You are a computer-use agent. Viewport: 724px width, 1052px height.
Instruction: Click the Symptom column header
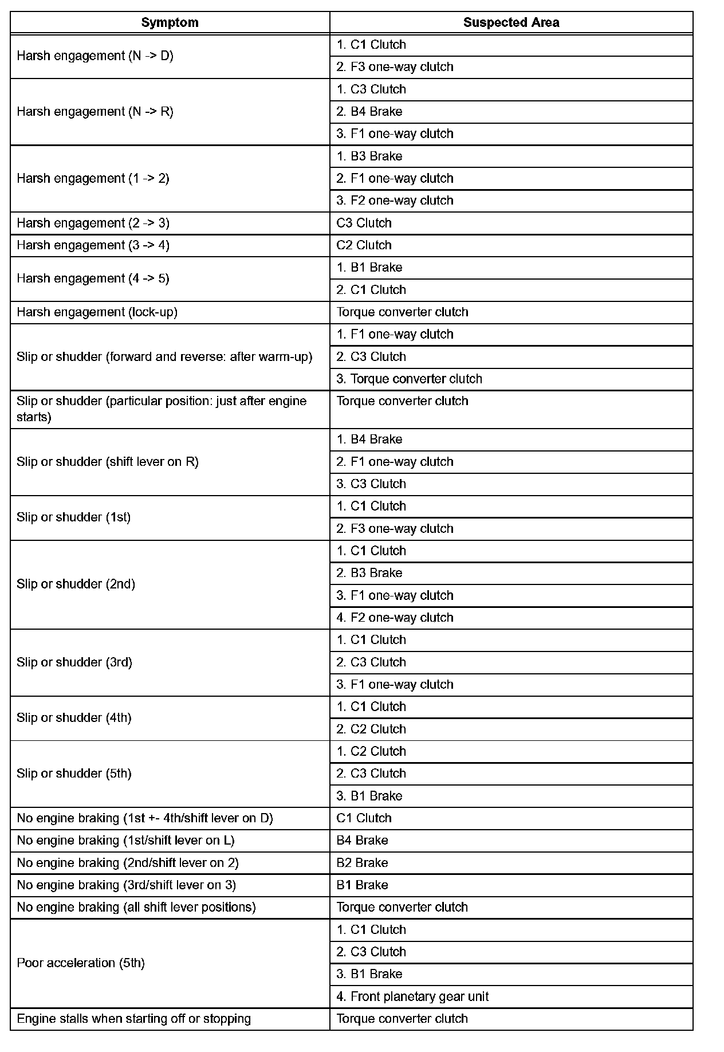click(x=170, y=22)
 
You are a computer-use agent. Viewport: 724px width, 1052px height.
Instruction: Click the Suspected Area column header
click(x=511, y=22)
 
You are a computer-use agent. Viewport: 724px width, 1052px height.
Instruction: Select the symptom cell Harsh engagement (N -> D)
click(x=95, y=56)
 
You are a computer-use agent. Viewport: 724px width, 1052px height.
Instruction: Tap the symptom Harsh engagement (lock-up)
click(x=97, y=312)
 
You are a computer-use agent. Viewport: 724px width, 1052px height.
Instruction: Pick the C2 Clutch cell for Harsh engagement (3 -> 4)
click(x=364, y=245)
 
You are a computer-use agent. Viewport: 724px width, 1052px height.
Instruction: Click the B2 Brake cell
click(x=362, y=863)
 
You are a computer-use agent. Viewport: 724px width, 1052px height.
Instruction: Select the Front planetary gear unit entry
click(x=412, y=996)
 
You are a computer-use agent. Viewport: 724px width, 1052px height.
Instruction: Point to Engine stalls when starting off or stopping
click(x=133, y=1019)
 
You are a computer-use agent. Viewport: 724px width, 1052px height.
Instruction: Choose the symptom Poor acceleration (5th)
click(x=81, y=963)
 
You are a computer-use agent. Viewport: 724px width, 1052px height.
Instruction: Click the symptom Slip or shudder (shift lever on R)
click(x=108, y=462)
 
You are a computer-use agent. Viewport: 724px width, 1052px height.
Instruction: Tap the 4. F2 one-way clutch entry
click(x=395, y=618)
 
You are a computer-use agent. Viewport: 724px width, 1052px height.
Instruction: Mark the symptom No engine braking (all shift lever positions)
click(x=136, y=907)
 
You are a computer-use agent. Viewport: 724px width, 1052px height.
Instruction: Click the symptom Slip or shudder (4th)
click(x=74, y=718)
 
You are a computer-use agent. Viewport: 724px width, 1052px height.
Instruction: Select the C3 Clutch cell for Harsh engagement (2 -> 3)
click(x=364, y=223)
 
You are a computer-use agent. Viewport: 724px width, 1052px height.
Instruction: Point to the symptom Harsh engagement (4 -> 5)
click(x=93, y=278)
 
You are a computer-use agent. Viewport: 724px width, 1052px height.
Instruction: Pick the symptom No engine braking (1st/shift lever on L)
click(x=125, y=841)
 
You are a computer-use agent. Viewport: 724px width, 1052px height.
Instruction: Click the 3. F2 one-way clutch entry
click(x=395, y=201)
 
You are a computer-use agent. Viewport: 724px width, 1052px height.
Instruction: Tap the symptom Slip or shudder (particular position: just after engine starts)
click(x=162, y=409)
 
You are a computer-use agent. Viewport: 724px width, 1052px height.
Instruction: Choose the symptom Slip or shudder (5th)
click(x=74, y=774)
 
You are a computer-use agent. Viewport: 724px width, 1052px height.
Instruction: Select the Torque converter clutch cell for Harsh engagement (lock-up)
click(x=402, y=312)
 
